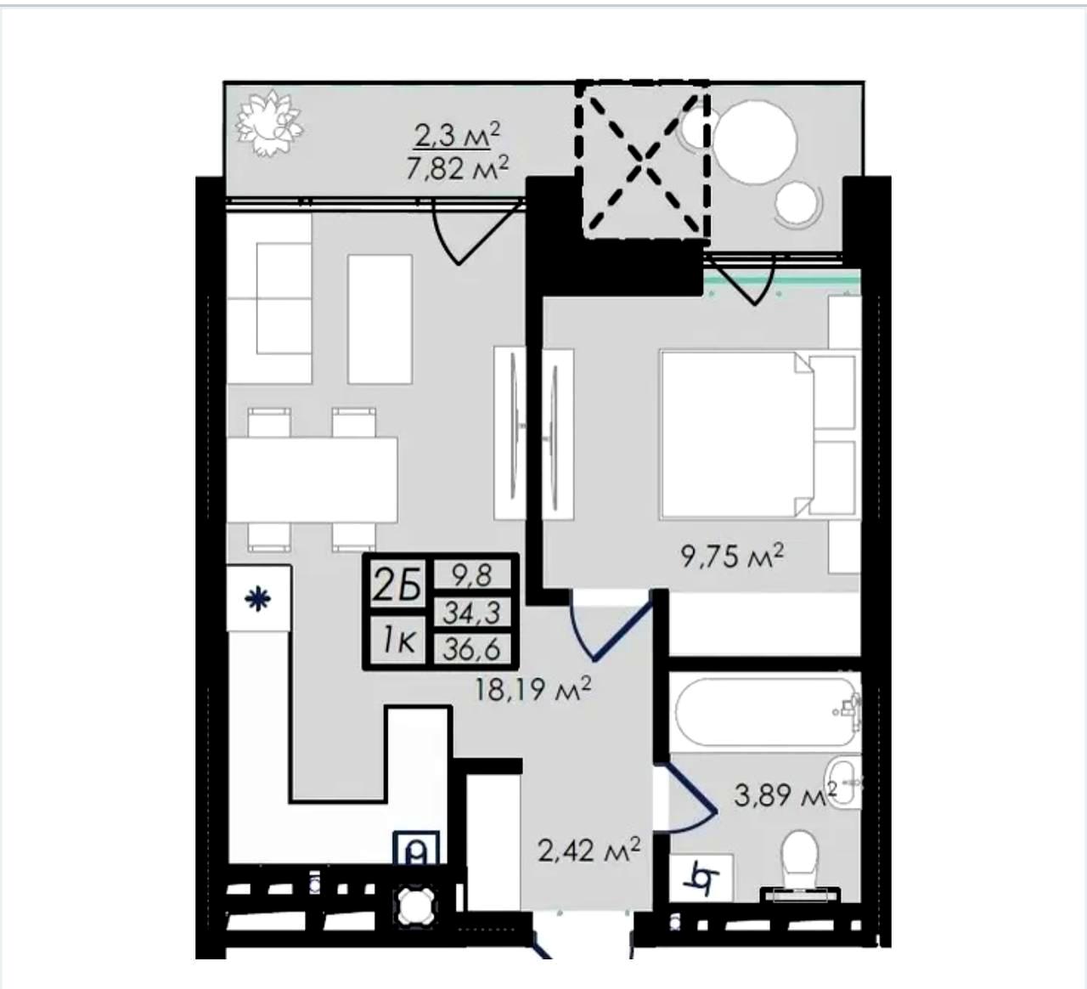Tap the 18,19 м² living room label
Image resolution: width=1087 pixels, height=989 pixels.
(532, 690)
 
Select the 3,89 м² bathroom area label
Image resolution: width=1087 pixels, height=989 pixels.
(786, 795)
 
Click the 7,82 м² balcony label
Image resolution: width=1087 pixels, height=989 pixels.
(457, 169)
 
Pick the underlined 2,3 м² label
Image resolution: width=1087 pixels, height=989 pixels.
(457, 135)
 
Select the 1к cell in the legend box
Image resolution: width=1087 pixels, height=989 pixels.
(398, 642)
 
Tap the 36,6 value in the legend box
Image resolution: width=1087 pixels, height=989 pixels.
(471, 649)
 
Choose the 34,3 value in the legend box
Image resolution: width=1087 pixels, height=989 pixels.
(471, 613)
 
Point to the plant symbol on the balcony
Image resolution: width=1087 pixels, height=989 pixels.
(269, 124)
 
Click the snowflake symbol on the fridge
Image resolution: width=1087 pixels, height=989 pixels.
(257, 599)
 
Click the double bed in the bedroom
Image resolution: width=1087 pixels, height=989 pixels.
(757, 434)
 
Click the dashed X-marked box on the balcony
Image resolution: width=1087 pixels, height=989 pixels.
(643, 161)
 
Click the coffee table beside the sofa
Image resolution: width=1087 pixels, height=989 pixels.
(380, 319)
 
